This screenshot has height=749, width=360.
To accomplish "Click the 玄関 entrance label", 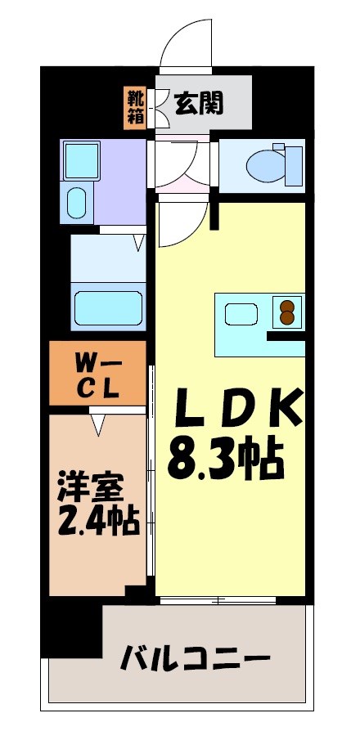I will (199, 103).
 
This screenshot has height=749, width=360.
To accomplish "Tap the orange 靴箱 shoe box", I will (135, 107).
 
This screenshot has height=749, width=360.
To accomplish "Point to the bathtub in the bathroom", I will (109, 307).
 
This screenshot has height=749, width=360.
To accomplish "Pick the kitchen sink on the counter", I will (243, 314).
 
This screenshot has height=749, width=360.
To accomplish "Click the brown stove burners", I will (287, 312).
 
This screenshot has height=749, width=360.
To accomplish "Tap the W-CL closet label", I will (98, 373).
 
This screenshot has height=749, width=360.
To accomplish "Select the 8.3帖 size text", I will (226, 459).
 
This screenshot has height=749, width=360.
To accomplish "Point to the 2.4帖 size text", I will (97, 520).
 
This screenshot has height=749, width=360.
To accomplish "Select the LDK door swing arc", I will (180, 225).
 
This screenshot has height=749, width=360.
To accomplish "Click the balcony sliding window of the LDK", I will (218, 600).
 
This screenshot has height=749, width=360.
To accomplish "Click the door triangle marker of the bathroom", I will (140, 241).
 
